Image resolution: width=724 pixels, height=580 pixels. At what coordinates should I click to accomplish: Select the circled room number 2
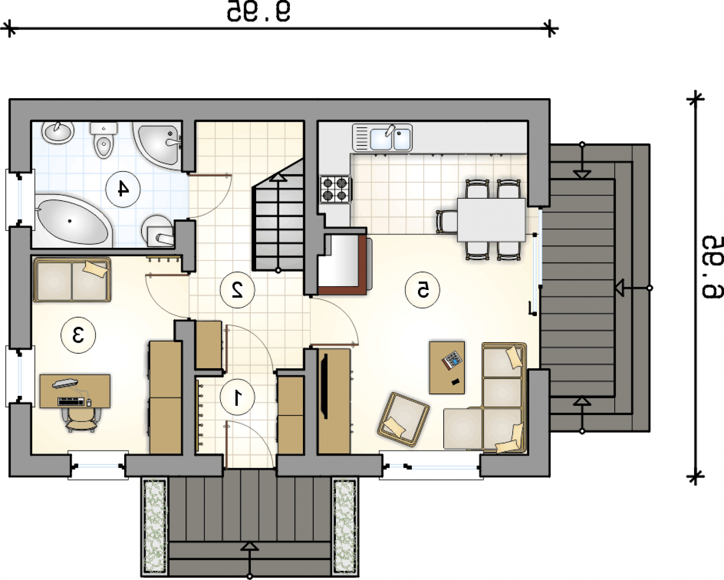[237, 290]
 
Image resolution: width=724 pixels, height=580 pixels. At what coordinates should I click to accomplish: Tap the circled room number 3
[78, 335]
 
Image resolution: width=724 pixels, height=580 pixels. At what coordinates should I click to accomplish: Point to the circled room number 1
[237, 397]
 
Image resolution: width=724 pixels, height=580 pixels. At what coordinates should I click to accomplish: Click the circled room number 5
[422, 290]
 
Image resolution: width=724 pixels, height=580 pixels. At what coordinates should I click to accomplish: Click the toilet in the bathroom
[103, 140]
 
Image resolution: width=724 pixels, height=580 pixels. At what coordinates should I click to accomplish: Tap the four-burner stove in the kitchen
[335, 190]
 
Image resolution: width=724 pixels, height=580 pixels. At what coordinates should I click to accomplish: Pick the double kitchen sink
[382, 138]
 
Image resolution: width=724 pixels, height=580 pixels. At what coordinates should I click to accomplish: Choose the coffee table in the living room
[447, 367]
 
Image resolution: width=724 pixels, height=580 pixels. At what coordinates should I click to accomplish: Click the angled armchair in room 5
[404, 420]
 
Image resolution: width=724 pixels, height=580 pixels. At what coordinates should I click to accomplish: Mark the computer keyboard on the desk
[70, 402]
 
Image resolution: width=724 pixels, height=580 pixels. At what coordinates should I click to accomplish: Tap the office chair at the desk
[81, 420]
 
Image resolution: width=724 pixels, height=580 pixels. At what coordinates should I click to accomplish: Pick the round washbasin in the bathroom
[58, 132]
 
